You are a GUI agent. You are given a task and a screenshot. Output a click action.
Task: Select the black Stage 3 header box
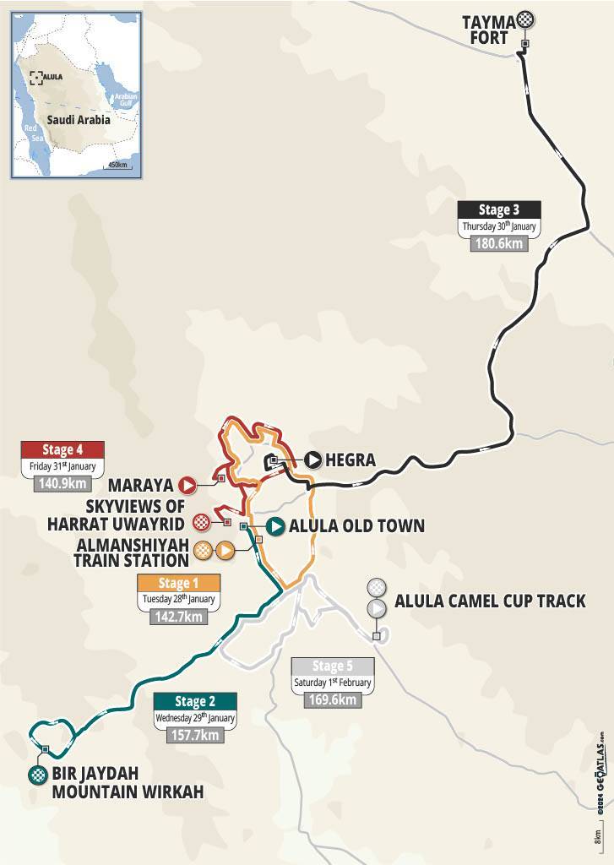tap(498, 210)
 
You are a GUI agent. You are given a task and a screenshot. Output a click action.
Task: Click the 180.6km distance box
tap(498, 243)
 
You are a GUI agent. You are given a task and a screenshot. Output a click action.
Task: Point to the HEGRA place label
tap(351, 460)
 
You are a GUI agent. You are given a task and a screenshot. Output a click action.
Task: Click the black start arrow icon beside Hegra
tap(313, 460)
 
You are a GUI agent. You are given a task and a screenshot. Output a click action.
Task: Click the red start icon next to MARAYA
tap(186, 485)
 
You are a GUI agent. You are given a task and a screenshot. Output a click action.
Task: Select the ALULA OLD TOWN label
tap(356, 526)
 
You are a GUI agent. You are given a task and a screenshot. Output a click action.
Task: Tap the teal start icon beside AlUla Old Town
tap(274, 526)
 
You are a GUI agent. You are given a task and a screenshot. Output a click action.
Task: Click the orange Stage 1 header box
tap(178, 583)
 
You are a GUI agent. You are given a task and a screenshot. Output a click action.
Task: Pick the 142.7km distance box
tap(178, 616)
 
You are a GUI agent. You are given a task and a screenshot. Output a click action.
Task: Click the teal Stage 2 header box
tap(195, 701)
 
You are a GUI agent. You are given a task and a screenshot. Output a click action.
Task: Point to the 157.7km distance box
tap(195, 734)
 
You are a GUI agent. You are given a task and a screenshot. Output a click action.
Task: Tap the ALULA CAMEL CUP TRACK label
tap(489, 601)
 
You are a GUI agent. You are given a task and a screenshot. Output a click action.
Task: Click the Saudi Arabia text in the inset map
tap(79, 120)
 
